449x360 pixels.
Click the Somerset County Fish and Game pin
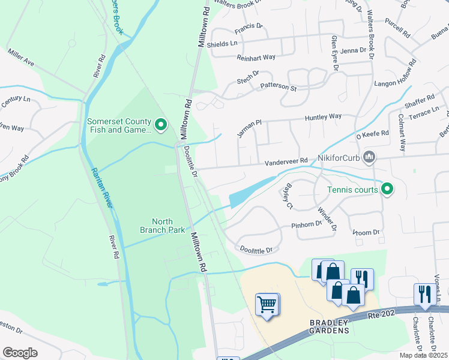(x=160, y=125)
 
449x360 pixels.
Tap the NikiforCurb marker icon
(x=370, y=157)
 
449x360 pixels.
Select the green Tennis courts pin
(x=387, y=190)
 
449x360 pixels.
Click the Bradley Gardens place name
(x=329, y=326)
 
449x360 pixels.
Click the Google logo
(x=20, y=352)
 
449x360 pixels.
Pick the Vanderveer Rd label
(x=287, y=161)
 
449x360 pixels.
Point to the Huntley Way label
(x=323, y=116)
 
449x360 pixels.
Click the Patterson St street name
(x=278, y=88)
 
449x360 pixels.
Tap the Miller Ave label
(x=21, y=58)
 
